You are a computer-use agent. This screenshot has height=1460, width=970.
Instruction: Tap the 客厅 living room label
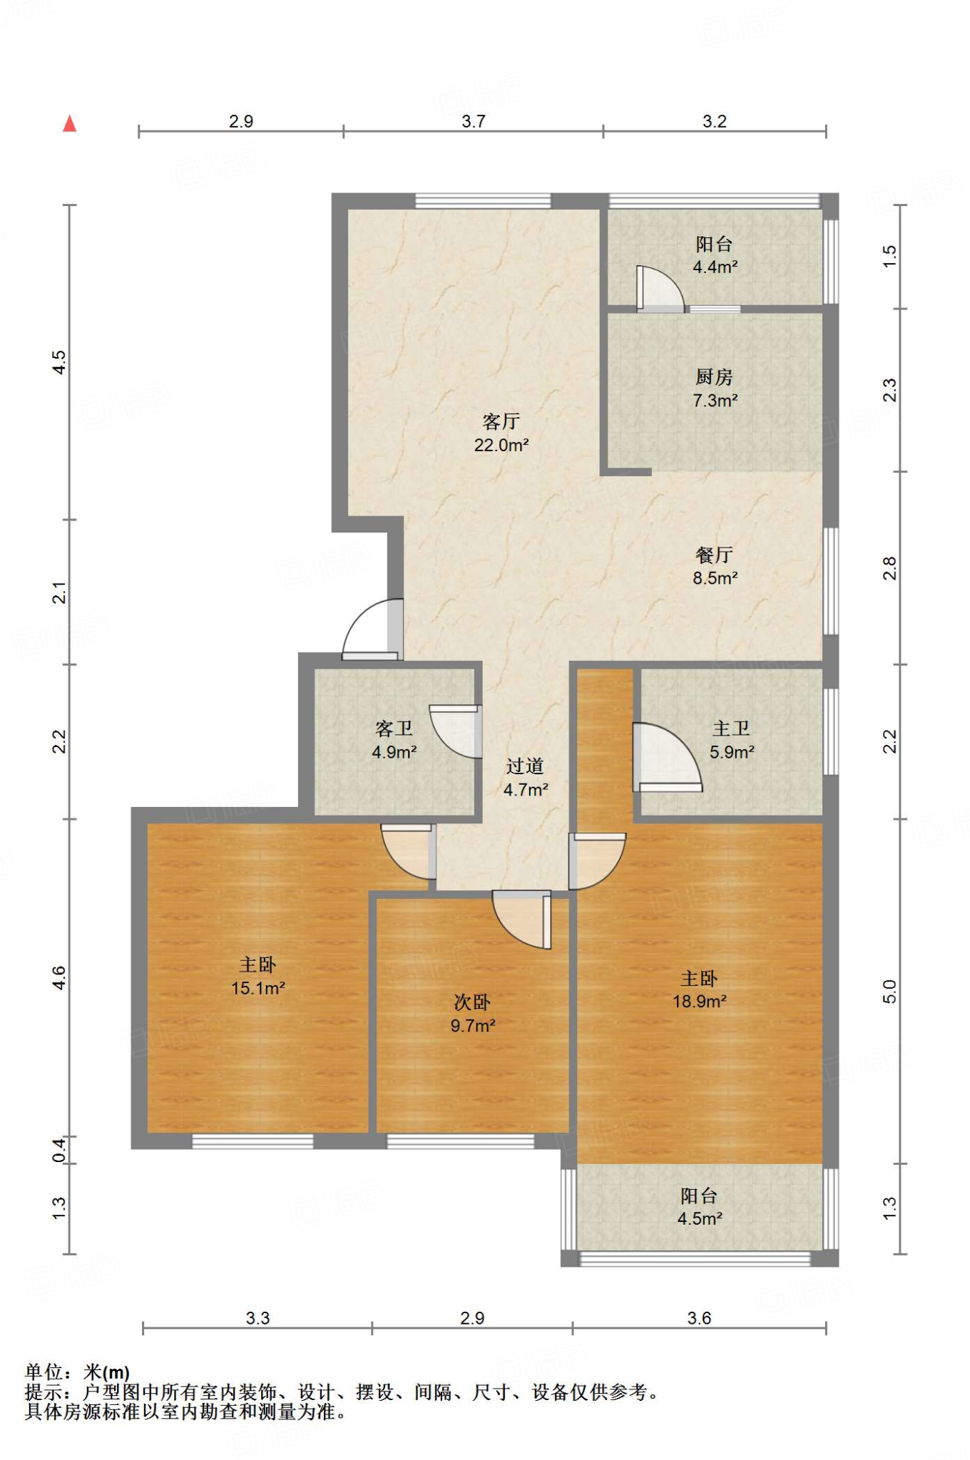click(501, 421)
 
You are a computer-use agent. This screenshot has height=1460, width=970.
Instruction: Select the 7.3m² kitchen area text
click(715, 401)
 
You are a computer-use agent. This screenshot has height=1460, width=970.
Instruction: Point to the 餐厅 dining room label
click(714, 555)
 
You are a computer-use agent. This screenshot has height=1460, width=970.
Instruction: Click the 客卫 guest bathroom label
click(394, 729)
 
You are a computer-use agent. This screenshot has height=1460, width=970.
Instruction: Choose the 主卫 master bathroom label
click(731, 729)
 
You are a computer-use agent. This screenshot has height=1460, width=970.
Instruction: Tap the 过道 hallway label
click(525, 766)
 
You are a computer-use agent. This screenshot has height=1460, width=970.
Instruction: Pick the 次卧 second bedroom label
click(472, 1002)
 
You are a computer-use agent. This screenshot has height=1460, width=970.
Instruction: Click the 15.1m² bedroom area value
click(258, 988)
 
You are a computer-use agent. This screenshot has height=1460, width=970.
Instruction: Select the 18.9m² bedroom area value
click(700, 1002)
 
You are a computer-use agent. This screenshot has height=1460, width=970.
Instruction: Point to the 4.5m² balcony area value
click(700, 1219)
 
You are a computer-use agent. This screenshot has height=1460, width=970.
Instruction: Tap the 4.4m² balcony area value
click(715, 267)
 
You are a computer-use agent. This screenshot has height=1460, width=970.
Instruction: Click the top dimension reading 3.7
click(474, 121)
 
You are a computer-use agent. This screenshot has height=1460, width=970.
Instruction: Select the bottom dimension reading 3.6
click(699, 1318)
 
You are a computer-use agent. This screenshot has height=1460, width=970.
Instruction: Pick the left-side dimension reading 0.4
click(59, 1150)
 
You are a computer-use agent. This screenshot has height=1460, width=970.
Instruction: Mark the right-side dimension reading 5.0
click(889, 992)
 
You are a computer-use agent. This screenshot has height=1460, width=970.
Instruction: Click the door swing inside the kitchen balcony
click(660, 289)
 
